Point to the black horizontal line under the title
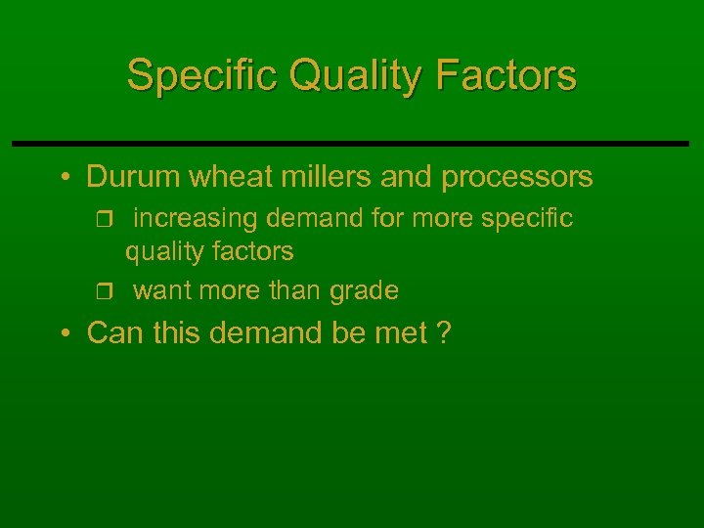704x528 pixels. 352,144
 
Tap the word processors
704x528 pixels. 517,177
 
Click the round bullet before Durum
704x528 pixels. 64,178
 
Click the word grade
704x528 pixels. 364,291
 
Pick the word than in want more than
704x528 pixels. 292,290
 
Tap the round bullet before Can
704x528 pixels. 64,334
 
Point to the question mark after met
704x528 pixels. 444,333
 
